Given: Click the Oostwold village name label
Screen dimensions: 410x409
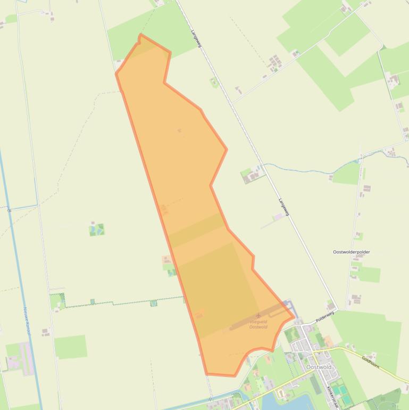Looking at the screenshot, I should point(319,367).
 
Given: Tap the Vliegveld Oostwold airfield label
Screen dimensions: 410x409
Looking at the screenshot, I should point(258,324).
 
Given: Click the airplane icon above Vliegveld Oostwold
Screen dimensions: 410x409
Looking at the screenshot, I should point(259,316).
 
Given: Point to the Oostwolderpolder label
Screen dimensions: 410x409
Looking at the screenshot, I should point(352,252).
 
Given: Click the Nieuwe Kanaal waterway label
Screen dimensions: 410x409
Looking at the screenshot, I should point(27,319).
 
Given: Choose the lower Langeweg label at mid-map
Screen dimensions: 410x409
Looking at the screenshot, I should point(283,207).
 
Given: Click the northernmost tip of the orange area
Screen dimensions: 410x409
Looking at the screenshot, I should point(140,35).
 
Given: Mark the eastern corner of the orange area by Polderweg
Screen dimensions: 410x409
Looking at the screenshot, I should point(294,317).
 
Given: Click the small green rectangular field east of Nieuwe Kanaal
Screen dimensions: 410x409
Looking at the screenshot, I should point(71,347).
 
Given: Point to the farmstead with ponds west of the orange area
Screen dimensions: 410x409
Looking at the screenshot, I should point(97,229).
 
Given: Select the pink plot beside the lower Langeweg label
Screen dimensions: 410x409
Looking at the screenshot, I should point(277,217).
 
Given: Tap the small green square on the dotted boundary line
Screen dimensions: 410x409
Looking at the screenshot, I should point(153,303).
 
